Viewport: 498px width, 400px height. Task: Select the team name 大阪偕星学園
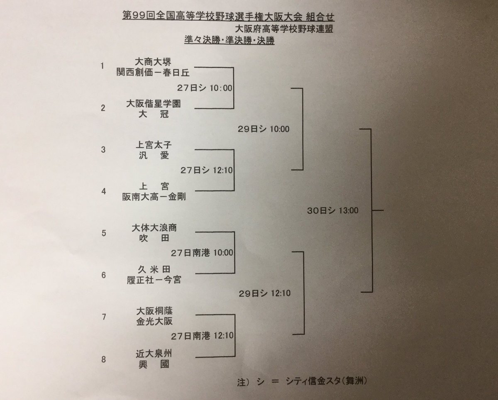pyautogui.click(x=153, y=105)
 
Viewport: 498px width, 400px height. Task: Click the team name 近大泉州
pyautogui.click(x=153, y=354)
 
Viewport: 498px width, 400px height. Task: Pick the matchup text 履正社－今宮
pyautogui.click(x=154, y=280)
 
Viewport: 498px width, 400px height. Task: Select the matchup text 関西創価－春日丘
pyautogui.click(x=153, y=73)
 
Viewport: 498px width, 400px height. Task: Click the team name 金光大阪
pyautogui.click(x=153, y=321)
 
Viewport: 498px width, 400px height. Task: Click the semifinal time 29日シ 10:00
pyautogui.click(x=264, y=129)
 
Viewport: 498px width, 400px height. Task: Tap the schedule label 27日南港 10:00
pyautogui.click(x=202, y=253)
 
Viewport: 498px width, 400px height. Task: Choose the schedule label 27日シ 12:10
pyautogui.click(x=206, y=170)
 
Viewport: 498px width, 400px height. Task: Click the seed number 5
pyautogui.click(x=104, y=233)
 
